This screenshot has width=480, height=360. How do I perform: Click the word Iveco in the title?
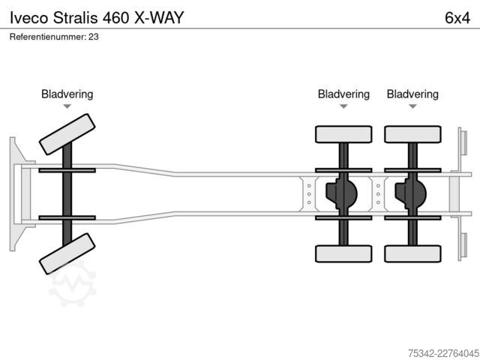coord(29,17)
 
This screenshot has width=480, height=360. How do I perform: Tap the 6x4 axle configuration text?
coord(457,17)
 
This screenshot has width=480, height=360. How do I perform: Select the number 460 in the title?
coord(115,17)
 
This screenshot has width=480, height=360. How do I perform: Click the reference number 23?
coord(94,37)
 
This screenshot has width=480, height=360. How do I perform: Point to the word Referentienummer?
coord(48,37)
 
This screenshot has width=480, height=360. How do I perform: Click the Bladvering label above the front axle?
coord(67,94)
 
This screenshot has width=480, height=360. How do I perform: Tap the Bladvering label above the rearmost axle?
coord(412,94)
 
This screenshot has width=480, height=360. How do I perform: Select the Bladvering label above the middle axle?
coord(343,94)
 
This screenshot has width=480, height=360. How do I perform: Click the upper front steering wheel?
coord(67,134)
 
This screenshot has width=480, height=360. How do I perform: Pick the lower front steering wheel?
coord(67,253)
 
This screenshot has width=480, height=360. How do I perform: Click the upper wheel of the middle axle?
coord(343,134)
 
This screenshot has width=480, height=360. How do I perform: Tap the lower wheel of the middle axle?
coord(343,253)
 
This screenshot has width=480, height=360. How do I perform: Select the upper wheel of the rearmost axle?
coord(412,134)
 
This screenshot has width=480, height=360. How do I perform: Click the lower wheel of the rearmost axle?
coord(412,253)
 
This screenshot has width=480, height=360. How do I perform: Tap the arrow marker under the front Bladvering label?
coord(67,106)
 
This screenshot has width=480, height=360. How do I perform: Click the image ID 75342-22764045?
coord(443,353)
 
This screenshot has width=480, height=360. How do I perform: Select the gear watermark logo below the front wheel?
coord(73,285)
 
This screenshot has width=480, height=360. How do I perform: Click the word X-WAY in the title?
coord(159,17)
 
